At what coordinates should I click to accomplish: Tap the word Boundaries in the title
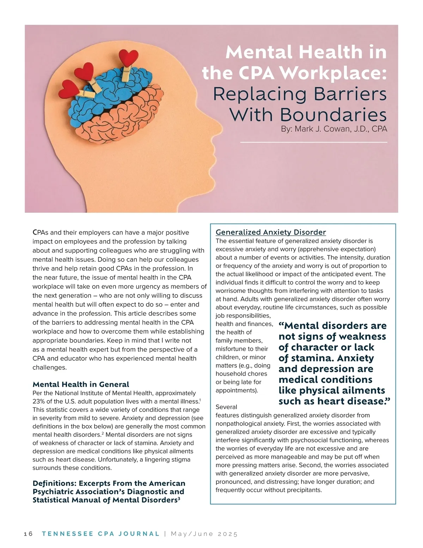click(333, 115)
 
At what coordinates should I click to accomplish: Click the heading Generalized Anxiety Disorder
click(271, 232)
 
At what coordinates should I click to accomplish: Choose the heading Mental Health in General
click(81, 384)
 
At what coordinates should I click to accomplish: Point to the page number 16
click(28, 534)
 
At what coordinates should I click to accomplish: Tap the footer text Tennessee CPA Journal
click(100, 534)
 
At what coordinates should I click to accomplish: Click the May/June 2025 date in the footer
click(204, 534)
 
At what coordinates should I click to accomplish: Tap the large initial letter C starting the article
click(35, 232)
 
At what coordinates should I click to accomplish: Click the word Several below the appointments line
click(226, 407)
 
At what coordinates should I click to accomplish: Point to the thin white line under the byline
click(314, 142)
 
